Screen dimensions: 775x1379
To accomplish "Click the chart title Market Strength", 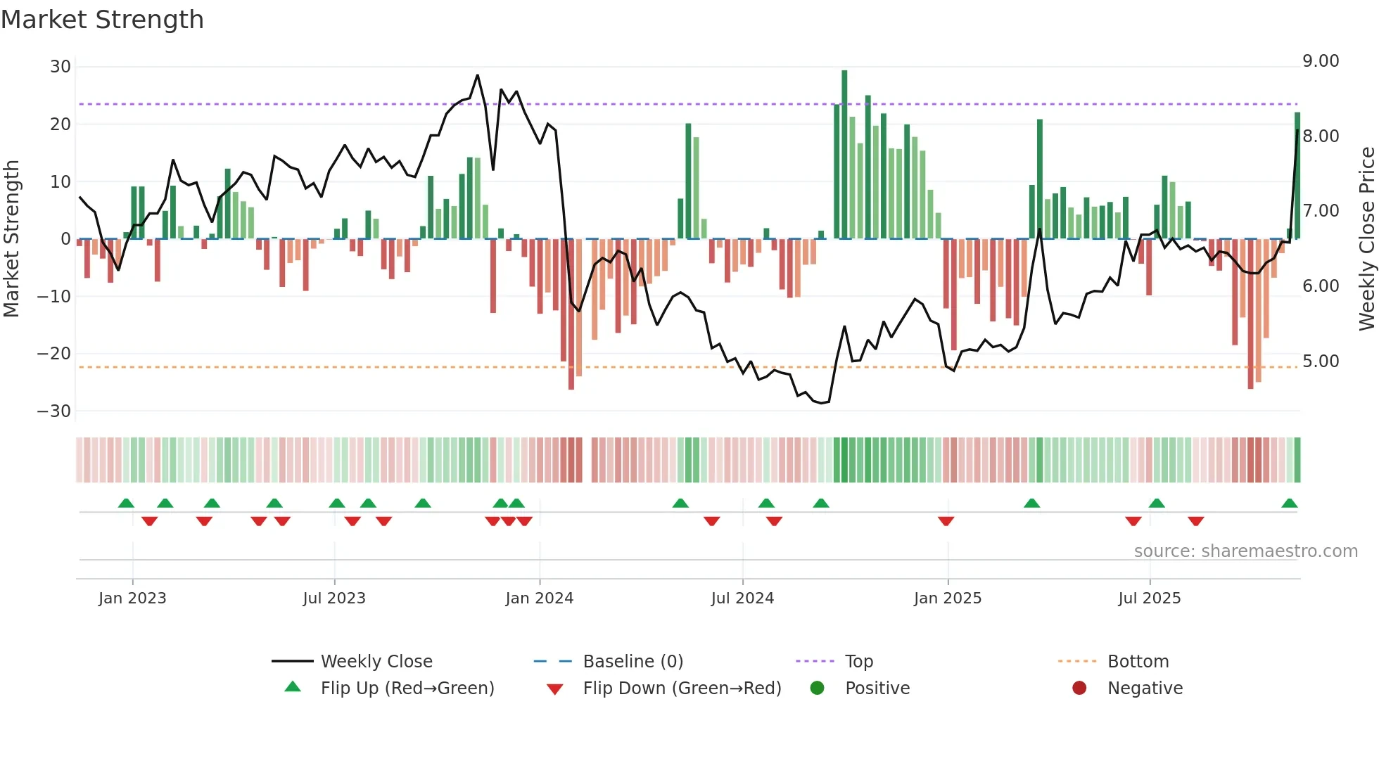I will (102, 20).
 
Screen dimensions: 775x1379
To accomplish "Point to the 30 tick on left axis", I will (61, 67).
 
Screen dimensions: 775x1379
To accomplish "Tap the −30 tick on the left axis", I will (54, 411).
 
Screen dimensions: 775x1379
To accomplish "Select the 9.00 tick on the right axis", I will (1321, 61).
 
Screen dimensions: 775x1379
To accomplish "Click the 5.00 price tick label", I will (1321, 361).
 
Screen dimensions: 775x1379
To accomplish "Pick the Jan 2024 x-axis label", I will (539, 598).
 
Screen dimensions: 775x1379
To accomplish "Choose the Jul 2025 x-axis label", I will (1149, 598).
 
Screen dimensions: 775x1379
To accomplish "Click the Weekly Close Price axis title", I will (1366, 239).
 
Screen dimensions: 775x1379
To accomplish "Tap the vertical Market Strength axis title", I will (12, 239).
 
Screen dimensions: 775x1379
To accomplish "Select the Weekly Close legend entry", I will (376, 662).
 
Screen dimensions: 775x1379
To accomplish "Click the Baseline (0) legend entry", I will (633, 662).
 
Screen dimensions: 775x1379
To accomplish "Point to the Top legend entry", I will (858, 662).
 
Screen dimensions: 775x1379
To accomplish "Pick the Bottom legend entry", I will (1138, 662).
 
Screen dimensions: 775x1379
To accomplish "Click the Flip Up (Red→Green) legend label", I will (407, 688).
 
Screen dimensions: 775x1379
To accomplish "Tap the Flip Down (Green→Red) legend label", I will (682, 688).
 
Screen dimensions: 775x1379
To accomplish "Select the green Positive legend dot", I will (817, 688).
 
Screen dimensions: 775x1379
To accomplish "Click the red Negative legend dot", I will (1079, 688).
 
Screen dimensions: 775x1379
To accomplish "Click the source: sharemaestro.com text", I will (1245, 551).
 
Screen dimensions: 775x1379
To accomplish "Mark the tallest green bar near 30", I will (844, 155).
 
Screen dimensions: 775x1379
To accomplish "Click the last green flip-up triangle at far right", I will (1289, 504).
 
